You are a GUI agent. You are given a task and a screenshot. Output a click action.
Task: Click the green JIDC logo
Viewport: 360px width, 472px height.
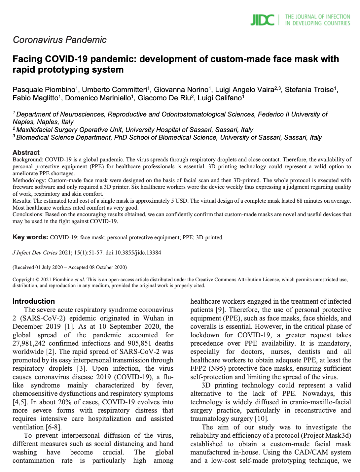pos(262,20)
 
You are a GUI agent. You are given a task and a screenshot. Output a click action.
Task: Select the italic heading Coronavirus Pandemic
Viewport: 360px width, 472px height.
pos(59,40)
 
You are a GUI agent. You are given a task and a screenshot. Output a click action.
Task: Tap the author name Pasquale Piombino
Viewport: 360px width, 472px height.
pos(44,90)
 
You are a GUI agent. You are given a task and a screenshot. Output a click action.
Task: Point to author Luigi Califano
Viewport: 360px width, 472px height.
pos(220,98)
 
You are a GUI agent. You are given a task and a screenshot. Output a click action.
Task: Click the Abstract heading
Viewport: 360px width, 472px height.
pos(26,152)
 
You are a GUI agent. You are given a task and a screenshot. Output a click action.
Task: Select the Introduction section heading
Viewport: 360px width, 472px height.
pos(34,301)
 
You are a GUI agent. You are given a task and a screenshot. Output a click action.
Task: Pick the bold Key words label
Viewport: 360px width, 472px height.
pos(30,237)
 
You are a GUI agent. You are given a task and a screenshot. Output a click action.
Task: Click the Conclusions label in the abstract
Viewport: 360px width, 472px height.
pos(28,215)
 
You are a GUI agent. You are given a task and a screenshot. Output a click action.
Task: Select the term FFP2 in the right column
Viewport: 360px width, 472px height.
pos(198,369)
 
